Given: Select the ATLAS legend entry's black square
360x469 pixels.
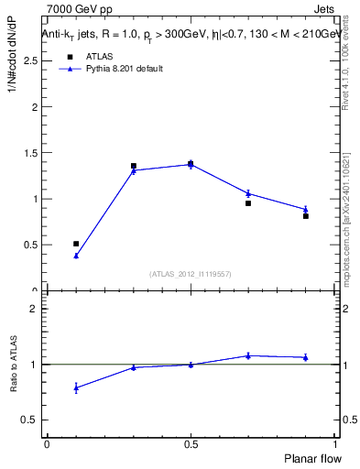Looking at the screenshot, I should (x=69, y=57).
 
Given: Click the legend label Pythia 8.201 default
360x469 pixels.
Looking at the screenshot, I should (x=125, y=69).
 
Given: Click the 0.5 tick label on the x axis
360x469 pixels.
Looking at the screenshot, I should (x=191, y=443).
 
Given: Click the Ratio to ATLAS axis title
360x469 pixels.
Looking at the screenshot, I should (x=15, y=364).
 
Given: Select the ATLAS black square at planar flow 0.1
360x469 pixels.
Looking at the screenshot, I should (x=76, y=244).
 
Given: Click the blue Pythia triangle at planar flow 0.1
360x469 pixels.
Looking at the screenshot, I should (x=76, y=256).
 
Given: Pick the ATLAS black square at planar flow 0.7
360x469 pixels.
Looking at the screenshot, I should (x=248, y=203).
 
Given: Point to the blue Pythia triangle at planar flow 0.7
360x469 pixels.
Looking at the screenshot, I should (x=248, y=193).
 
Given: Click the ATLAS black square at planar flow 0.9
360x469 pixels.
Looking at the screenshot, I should (x=306, y=216).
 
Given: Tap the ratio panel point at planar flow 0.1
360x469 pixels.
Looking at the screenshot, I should (x=76, y=387).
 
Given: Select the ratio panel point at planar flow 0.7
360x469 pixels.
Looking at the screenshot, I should (x=248, y=355).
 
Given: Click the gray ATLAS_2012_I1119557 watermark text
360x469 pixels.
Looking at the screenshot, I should (x=191, y=274).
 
